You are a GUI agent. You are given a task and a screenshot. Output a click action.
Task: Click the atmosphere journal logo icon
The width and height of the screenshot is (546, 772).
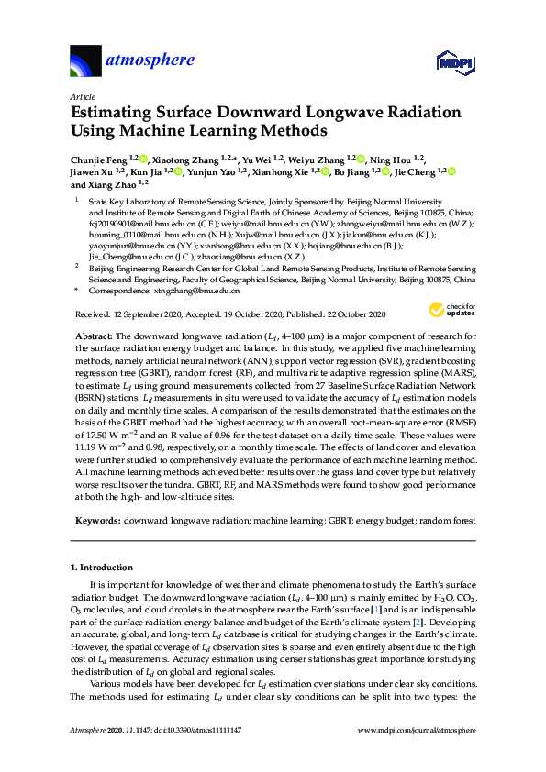[x=85, y=63]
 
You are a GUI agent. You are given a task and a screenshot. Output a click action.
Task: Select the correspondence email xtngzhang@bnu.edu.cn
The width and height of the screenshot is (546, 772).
[x=194, y=290]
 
